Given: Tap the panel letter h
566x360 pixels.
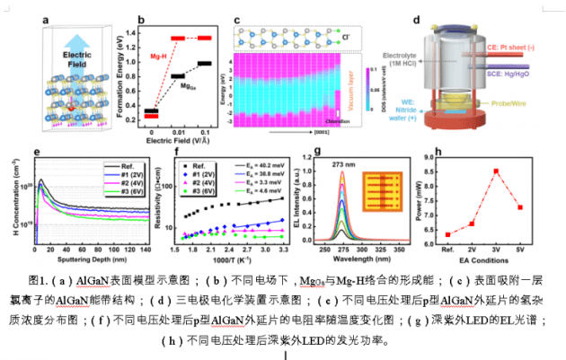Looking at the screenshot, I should tap(436, 151).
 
